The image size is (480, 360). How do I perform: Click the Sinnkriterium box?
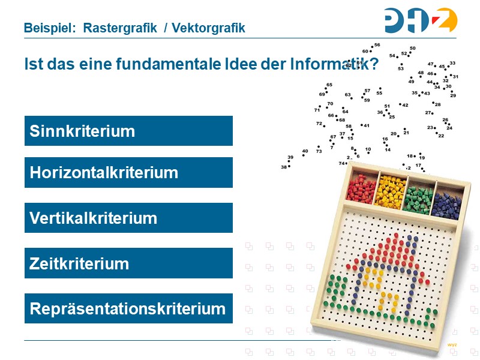pyautogui.click(x=128, y=131)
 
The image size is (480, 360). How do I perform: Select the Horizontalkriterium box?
pyautogui.click(x=128, y=173)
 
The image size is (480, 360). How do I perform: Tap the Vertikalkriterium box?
pyautogui.click(x=128, y=218)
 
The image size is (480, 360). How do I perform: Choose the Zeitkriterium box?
pyautogui.click(x=128, y=263)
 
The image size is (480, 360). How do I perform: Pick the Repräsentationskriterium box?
pyautogui.click(x=128, y=309)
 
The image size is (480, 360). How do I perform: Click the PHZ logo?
pyautogui.click(x=421, y=20)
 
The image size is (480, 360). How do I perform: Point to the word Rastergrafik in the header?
pyautogui.click(x=120, y=28)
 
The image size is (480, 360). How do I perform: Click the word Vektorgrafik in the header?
pyautogui.click(x=208, y=28)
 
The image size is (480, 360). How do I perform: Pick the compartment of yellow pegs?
pyautogui.click(x=390, y=191)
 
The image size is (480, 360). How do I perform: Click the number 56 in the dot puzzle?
pyautogui.click(x=377, y=45)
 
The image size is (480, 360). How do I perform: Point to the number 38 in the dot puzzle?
pyautogui.click(x=284, y=167)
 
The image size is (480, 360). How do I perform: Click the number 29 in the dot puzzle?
pyautogui.click(x=453, y=95)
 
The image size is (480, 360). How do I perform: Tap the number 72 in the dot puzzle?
pyautogui.click(x=319, y=124)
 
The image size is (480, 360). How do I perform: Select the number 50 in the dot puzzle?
pyautogui.click(x=413, y=48)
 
